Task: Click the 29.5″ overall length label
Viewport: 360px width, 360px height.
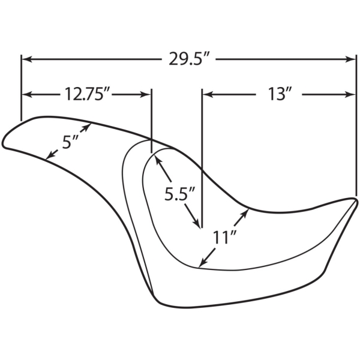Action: click(189, 59)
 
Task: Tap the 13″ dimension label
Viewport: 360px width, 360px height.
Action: click(280, 94)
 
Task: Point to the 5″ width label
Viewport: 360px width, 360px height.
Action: click(70, 142)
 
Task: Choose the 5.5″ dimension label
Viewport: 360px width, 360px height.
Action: click(179, 194)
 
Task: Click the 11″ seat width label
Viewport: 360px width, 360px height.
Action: click(224, 237)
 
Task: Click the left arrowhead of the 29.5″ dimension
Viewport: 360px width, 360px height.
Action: click(26, 59)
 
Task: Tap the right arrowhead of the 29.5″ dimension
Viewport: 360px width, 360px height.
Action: click(350, 59)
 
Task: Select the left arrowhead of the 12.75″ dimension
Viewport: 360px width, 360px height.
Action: click(26, 94)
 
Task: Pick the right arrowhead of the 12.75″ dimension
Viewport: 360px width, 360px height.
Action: click(146, 94)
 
